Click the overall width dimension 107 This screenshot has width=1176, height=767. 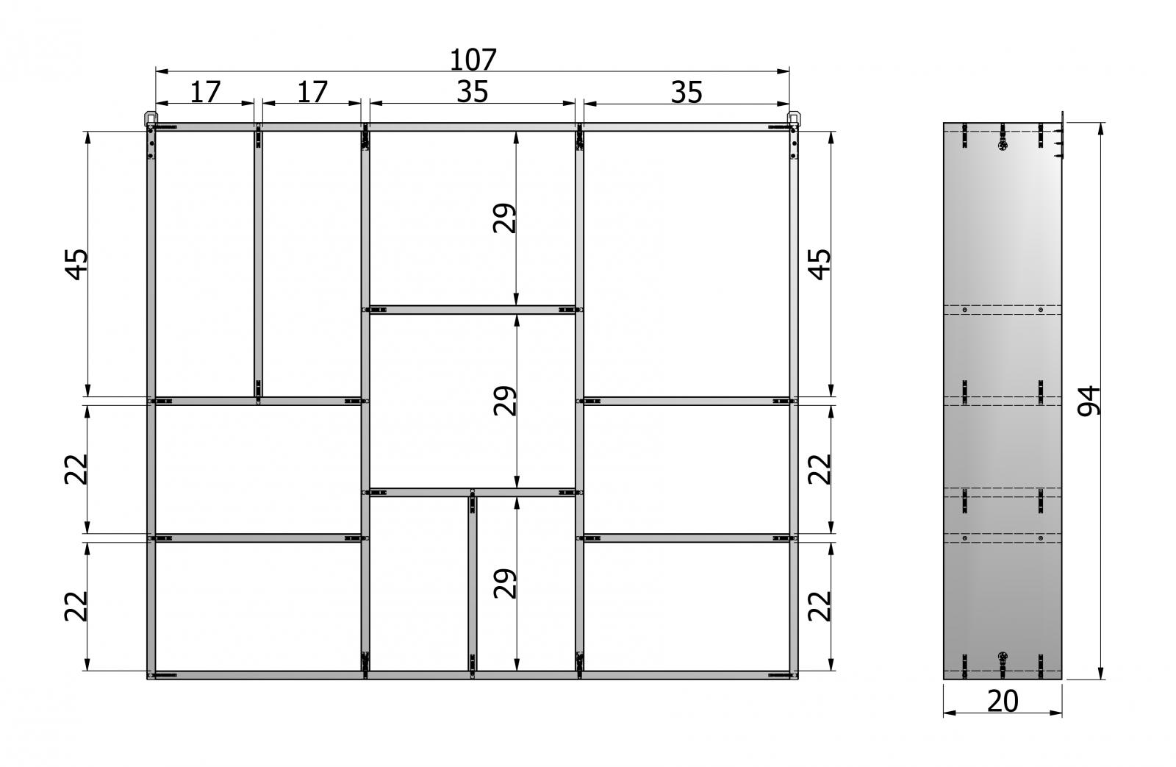(x=473, y=60)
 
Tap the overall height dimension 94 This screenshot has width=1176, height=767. (x=1089, y=402)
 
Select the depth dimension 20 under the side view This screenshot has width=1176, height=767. (x=1003, y=701)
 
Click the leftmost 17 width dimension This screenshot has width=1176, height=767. (x=205, y=93)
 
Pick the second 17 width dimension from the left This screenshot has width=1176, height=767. (x=312, y=93)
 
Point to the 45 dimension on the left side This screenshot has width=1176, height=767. (x=76, y=264)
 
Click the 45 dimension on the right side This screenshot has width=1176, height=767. (x=820, y=264)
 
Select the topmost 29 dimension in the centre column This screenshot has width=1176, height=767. (x=505, y=218)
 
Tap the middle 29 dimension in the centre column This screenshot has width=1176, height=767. (x=505, y=401)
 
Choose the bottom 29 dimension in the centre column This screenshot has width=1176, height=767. (x=505, y=584)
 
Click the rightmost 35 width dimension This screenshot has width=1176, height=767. (x=686, y=93)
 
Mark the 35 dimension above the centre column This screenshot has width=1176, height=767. (x=473, y=92)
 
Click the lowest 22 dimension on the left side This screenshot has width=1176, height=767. (x=76, y=606)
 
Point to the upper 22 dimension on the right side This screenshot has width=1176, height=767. (x=820, y=469)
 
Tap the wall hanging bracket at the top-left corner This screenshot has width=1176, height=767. (x=150, y=118)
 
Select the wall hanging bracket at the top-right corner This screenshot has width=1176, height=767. (x=794, y=118)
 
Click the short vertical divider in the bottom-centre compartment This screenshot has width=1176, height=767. (x=473, y=584)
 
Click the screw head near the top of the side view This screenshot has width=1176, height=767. (x=1003, y=144)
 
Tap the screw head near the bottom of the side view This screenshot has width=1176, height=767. (x=1003, y=656)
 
